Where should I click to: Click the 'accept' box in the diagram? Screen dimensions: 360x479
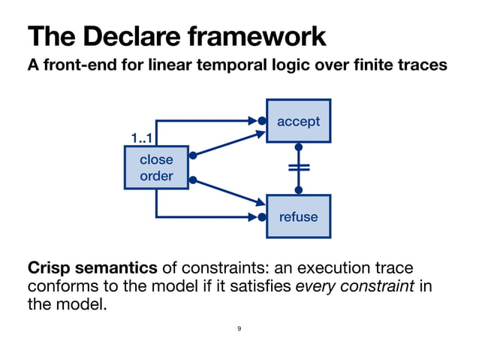[x=298, y=121]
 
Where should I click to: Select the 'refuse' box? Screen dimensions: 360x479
[x=298, y=216]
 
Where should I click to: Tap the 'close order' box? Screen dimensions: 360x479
[x=156, y=168]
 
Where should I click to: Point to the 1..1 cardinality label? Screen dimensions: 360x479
[x=143, y=138]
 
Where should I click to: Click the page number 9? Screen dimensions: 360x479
[x=239, y=328]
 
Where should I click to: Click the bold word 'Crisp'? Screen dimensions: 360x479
[x=50, y=268]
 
